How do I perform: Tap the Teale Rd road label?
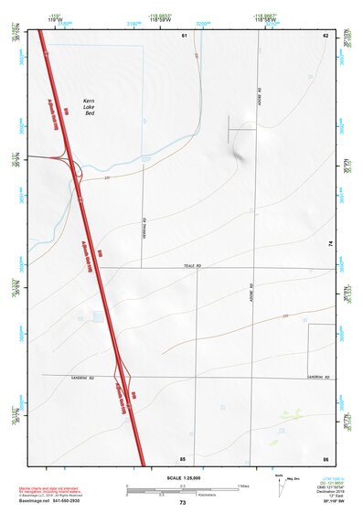pyautogui.click(x=190, y=265)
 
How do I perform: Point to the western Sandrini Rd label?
pyautogui.click(x=82, y=377)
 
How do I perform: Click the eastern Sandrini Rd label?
pyautogui.click(x=317, y=377)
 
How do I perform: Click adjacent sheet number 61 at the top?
pyautogui.click(x=184, y=35)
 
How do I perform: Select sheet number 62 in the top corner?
pyautogui.click(x=325, y=35)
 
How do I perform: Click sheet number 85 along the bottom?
pyautogui.click(x=183, y=456)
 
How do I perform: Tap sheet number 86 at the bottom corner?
pyautogui.click(x=325, y=456)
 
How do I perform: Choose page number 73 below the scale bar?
pyautogui.click(x=183, y=502)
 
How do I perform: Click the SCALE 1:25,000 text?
pyautogui.click(x=183, y=478)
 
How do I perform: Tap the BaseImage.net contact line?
pyautogui.click(x=57, y=502)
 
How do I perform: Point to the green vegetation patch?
pyautogui.click(x=291, y=414)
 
